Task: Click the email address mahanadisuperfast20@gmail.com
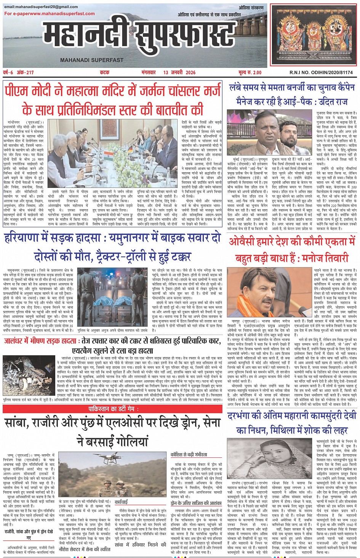point(41,7)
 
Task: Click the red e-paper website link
point(50,14)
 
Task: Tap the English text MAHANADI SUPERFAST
point(91,60)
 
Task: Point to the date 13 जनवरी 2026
point(179,72)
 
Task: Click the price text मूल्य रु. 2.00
point(250,72)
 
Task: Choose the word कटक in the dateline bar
point(104,72)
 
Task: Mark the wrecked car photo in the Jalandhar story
point(29,375)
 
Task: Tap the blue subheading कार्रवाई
point(121,502)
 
